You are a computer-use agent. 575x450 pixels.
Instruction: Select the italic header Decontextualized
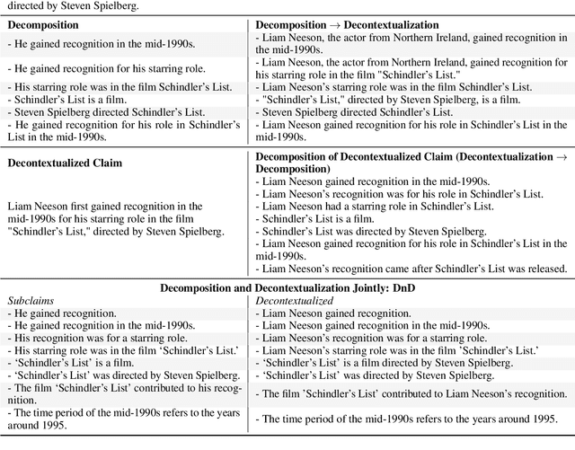(294, 300)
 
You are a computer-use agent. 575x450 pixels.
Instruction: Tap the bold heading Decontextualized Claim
(64, 163)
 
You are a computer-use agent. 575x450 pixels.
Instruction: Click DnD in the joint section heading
(402, 287)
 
